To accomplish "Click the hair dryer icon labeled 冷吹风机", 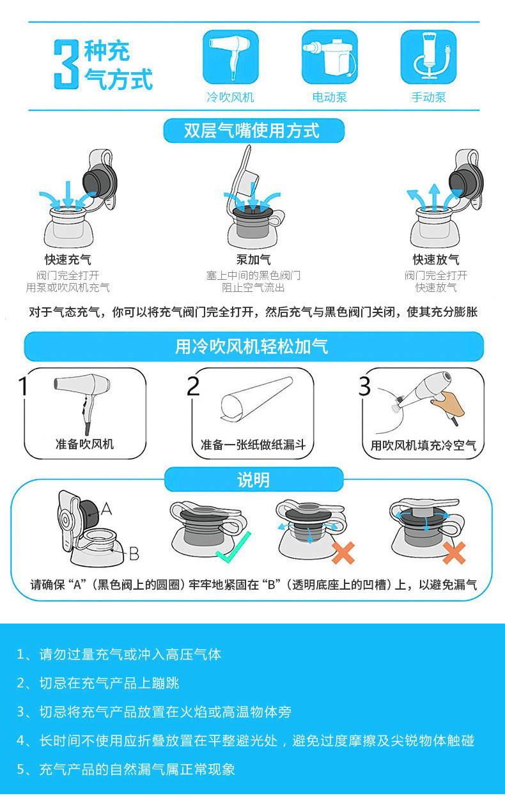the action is (231, 57).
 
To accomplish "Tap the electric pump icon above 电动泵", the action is (329, 57).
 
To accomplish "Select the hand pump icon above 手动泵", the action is (428, 57).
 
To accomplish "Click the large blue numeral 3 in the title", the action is (66, 64).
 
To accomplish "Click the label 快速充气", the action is (68, 259).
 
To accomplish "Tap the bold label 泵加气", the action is (254, 259).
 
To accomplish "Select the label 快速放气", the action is (436, 259).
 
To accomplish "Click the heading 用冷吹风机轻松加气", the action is (252, 347).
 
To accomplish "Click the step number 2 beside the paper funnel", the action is (193, 387).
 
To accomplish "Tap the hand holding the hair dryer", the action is (448, 404).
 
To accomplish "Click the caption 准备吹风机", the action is (85, 444).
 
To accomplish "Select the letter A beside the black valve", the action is (107, 509).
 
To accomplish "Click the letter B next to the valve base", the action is (134, 554).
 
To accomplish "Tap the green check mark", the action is (233, 548).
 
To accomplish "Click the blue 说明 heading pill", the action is (254, 479).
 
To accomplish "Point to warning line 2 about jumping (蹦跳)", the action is (98, 683).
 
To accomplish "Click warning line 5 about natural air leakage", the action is (125, 769).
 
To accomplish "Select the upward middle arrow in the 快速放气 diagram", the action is (435, 197).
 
